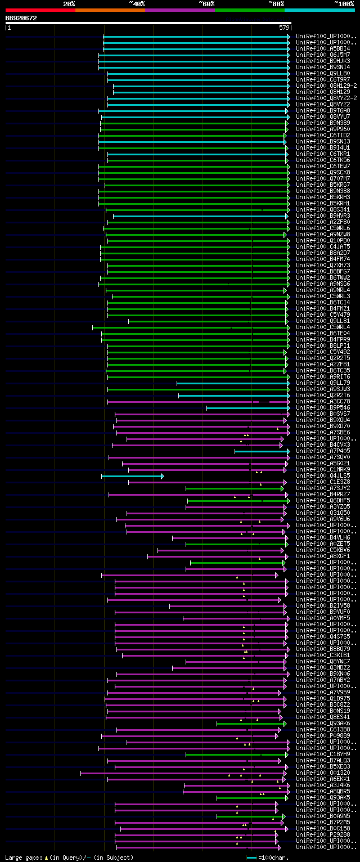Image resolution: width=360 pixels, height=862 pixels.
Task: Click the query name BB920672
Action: (21, 18)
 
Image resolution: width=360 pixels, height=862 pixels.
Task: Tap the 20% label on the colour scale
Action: (69, 4)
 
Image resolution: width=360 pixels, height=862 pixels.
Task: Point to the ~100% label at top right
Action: (344, 4)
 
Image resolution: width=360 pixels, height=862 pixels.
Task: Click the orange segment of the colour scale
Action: (110, 10)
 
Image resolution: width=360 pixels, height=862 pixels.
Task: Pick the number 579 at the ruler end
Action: (284, 28)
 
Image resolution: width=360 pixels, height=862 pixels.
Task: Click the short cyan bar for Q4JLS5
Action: (132, 476)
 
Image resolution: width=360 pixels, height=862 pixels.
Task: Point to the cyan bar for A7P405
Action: (262, 451)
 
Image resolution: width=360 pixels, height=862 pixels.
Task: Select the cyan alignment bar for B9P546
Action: (247, 408)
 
